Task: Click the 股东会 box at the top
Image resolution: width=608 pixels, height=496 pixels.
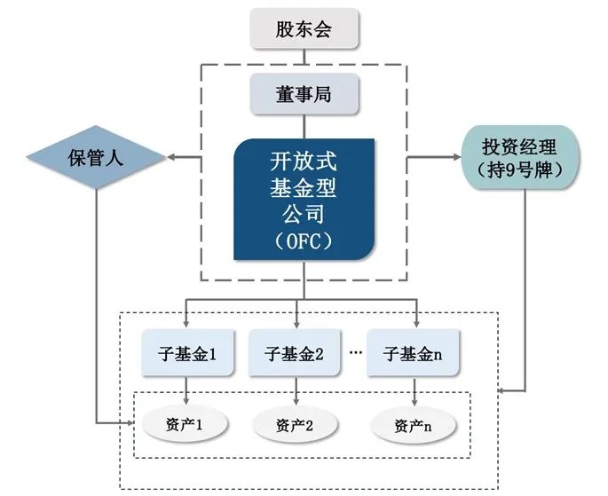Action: click(x=304, y=29)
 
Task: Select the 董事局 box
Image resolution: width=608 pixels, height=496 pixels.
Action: click(x=304, y=93)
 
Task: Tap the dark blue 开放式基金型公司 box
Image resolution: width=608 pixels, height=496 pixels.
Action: click(x=304, y=199)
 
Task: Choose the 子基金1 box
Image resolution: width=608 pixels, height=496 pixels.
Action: click(x=185, y=353)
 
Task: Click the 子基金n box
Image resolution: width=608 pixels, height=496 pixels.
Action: click(x=415, y=353)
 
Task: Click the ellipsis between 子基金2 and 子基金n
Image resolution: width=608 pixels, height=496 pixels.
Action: click(x=357, y=352)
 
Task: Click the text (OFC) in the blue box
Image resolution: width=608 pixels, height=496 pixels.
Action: click(x=304, y=240)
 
